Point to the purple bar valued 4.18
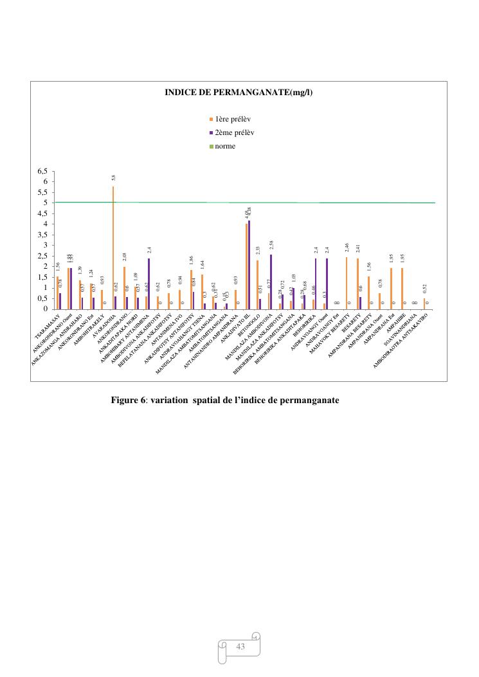[x=249, y=264]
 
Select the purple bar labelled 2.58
[x=271, y=282]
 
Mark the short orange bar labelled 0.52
[x=424, y=304]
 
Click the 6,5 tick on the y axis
[x=42, y=171]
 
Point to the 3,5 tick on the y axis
[x=42, y=235]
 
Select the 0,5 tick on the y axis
[x=42, y=298]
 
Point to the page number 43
[x=241, y=647]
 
